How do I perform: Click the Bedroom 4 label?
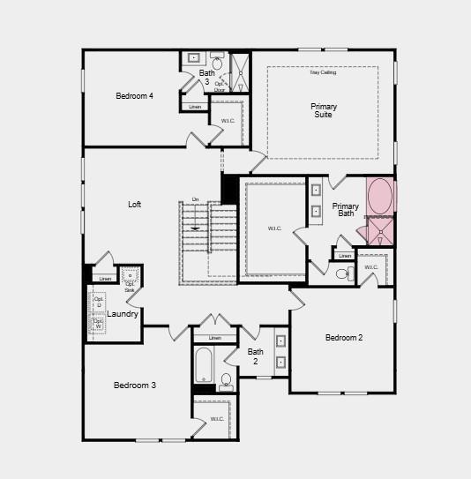click(135, 96)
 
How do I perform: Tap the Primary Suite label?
click(323, 110)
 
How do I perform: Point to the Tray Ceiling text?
click(323, 72)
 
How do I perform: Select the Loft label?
click(134, 205)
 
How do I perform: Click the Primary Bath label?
click(345, 210)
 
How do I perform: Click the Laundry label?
click(123, 314)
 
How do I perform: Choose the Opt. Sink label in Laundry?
click(130, 286)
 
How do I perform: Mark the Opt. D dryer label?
click(98, 302)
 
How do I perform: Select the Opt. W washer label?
click(98, 324)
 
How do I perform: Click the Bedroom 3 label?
click(135, 385)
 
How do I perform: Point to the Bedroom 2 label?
click(343, 338)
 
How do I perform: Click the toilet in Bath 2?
click(226, 381)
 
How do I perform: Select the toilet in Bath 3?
click(217, 64)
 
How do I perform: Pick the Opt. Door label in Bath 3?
click(220, 86)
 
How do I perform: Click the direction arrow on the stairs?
click(195, 228)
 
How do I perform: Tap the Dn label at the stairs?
click(195, 199)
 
